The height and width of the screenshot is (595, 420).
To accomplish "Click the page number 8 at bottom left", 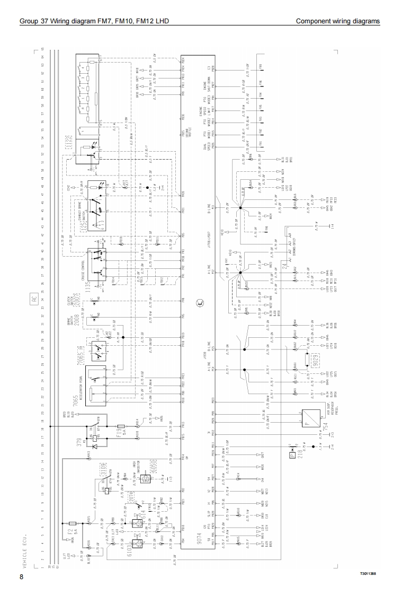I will click(21, 576).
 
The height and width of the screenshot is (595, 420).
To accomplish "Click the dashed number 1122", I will click(69, 143).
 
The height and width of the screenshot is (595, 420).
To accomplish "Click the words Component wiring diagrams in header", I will click(337, 21).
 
